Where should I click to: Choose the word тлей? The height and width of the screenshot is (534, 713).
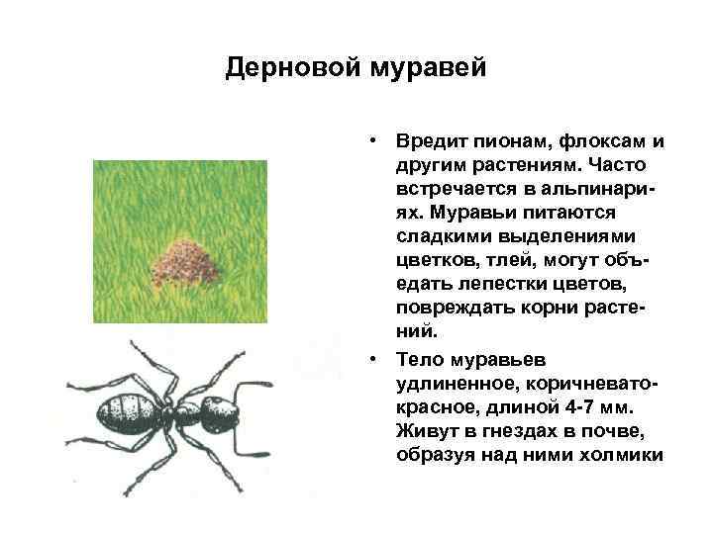tap(492, 260)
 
